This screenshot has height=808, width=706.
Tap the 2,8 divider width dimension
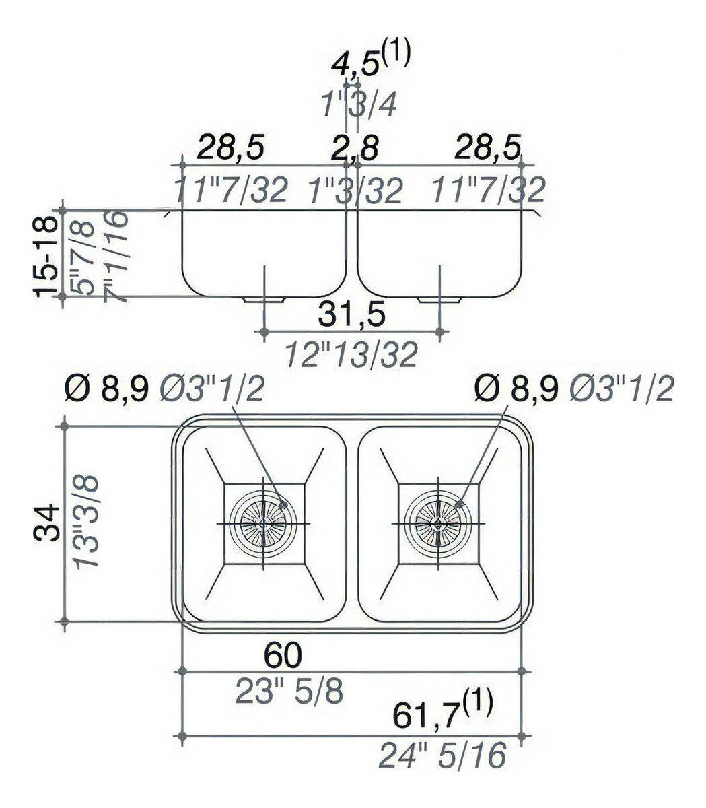point(355,147)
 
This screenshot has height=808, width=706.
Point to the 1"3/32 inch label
point(355,191)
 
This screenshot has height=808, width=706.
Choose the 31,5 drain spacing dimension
point(351,314)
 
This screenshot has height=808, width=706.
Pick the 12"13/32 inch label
point(351,354)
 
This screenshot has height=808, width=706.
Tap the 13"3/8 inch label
point(87,522)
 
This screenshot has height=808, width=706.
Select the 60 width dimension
point(283,654)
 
